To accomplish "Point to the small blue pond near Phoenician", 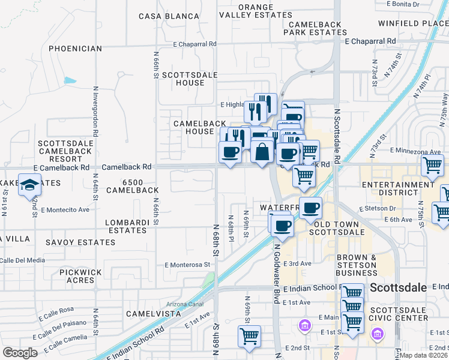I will pyautogui.click(x=70, y=80).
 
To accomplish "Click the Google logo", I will pyautogui.click(x=20, y=352).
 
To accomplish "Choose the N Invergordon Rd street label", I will pyautogui.click(x=95, y=115).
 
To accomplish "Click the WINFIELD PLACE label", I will pyautogui.click(x=413, y=23).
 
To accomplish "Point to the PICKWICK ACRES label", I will pyautogui.click(x=81, y=277).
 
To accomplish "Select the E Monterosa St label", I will pyautogui.click(x=189, y=264).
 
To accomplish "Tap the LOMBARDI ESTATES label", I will pyautogui.click(x=127, y=227).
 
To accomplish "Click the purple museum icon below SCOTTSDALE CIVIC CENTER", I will pyautogui.click(x=378, y=333).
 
